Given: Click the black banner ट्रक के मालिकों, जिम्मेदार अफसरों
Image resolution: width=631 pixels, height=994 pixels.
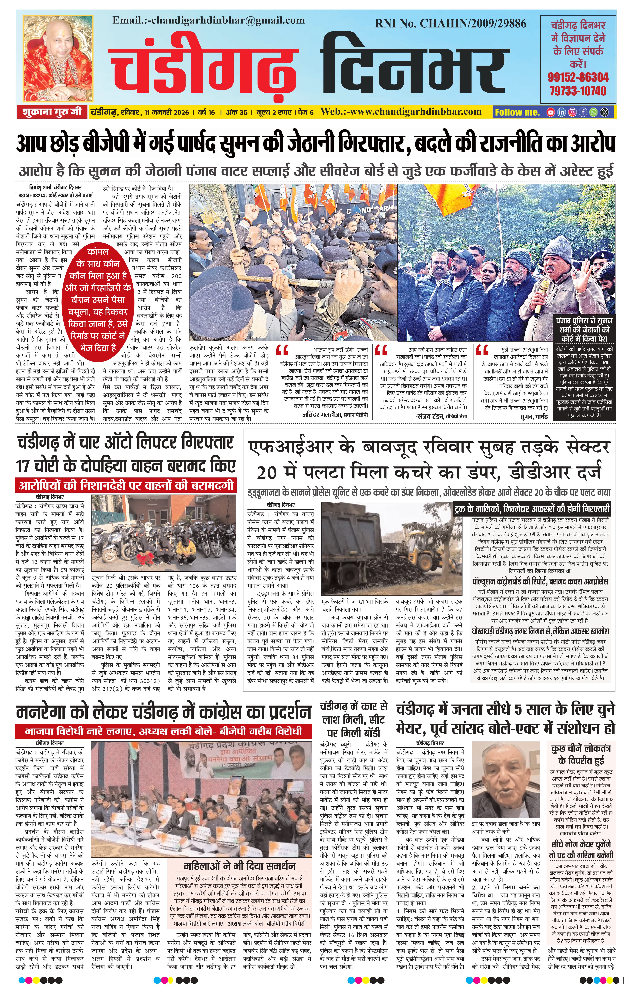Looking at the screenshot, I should [x=531, y=508].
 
